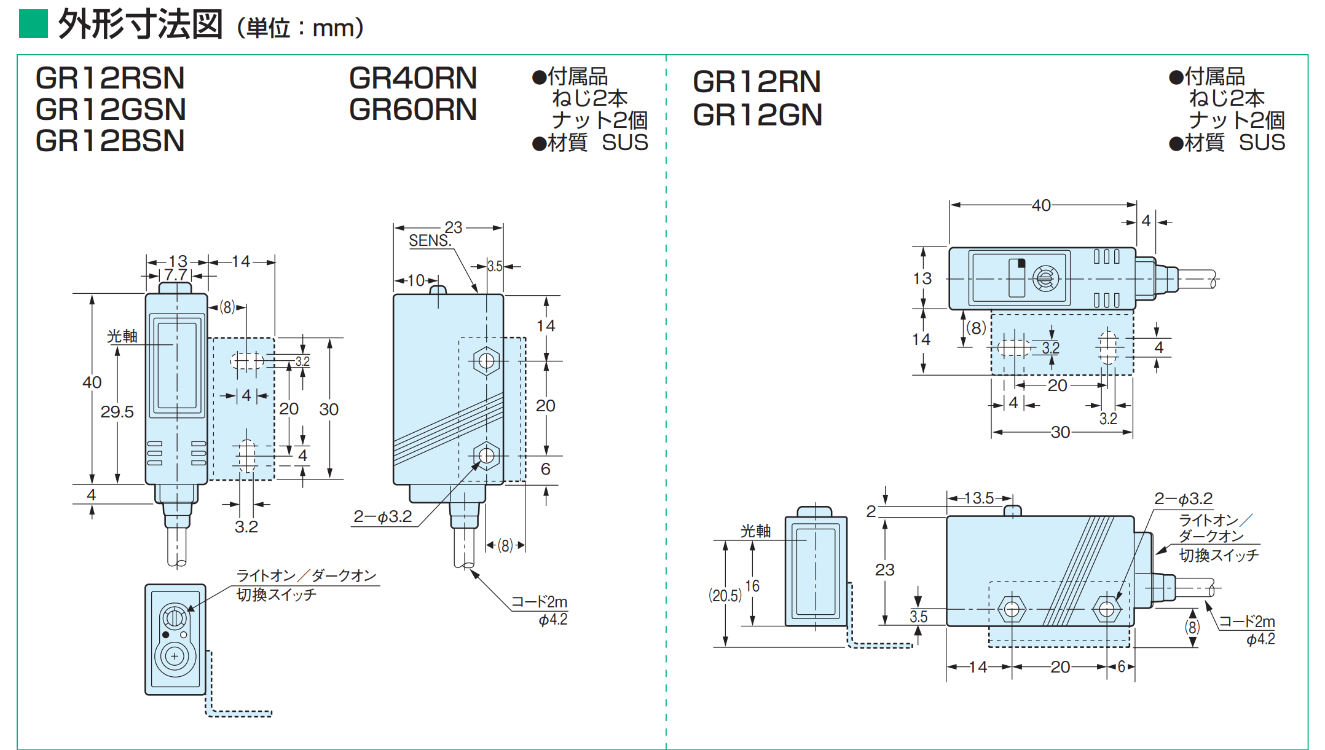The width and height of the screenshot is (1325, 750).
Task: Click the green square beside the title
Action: click(33, 23)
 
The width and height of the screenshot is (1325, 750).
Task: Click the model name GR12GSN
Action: click(111, 109)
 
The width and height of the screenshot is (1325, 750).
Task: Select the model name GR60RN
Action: click(413, 109)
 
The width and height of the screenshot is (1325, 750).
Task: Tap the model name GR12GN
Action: click(757, 115)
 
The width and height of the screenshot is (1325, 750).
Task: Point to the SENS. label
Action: click(430, 241)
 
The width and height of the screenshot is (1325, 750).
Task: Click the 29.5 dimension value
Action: click(117, 412)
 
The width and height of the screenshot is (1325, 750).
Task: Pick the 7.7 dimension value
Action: click(176, 275)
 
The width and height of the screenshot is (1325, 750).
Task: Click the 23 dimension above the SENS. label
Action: click(454, 227)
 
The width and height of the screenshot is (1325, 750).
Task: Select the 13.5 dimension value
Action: click(978, 498)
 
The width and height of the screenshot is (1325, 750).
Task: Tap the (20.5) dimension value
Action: click(725, 595)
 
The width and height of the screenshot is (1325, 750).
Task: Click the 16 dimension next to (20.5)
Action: click(752, 586)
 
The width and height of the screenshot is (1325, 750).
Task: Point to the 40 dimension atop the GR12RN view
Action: click(1041, 205)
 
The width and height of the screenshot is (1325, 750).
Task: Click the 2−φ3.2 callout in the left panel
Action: click(383, 516)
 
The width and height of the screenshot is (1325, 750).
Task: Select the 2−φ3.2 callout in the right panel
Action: click(1184, 499)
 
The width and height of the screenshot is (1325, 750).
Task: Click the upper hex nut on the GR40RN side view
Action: click(487, 360)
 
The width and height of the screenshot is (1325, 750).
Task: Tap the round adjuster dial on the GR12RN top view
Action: click(1044, 278)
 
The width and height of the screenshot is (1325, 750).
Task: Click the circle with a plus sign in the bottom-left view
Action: click(175, 657)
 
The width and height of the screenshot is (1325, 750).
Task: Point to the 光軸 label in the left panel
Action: click(122, 336)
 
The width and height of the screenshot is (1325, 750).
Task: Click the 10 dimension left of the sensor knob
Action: click(416, 280)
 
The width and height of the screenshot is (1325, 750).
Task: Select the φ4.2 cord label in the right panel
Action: click(1260, 639)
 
